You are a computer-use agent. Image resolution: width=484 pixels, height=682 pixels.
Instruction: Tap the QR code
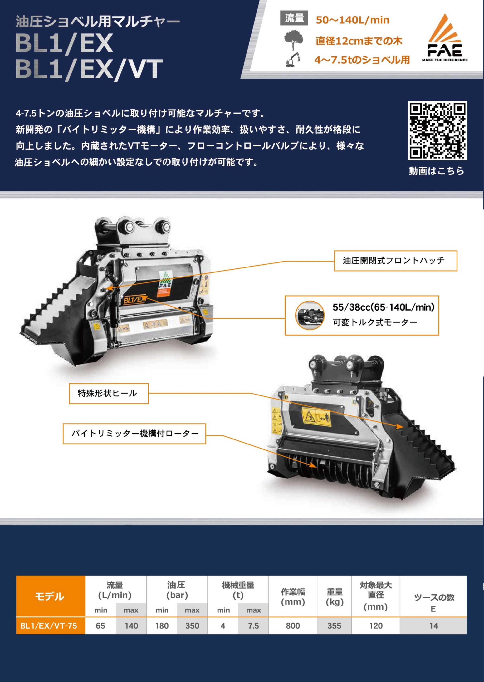click(x=437, y=130)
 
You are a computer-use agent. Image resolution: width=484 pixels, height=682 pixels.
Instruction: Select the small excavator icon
click(x=293, y=59)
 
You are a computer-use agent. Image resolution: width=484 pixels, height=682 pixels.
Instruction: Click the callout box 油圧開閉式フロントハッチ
click(x=395, y=261)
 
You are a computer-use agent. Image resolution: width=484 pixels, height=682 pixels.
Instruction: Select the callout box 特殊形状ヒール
click(x=109, y=394)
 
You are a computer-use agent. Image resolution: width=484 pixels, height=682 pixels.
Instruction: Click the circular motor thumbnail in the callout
click(x=310, y=315)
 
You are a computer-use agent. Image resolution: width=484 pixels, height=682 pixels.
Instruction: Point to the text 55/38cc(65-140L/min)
click(x=384, y=307)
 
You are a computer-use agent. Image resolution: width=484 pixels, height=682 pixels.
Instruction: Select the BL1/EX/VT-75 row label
click(x=49, y=626)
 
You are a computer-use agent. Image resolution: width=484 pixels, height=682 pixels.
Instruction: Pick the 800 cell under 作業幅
click(x=293, y=626)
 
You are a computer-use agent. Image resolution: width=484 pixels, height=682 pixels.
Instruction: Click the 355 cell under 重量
click(x=334, y=626)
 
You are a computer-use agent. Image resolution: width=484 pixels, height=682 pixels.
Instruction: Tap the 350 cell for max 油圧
click(x=192, y=626)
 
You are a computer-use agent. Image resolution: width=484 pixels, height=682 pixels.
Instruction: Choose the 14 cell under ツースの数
click(x=433, y=626)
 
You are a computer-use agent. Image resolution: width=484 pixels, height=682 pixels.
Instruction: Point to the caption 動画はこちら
click(x=437, y=171)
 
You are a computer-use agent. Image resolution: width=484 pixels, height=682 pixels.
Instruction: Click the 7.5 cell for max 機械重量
click(x=253, y=626)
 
